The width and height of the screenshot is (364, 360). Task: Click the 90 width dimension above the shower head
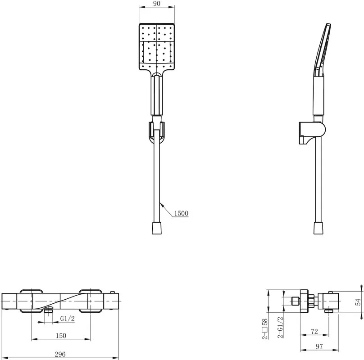[x=157, y=4]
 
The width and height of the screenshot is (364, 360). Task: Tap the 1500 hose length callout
[x=181, y=213]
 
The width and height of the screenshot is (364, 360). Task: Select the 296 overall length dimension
[x=60, y=354]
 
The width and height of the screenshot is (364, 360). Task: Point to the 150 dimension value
[x=61, y=335]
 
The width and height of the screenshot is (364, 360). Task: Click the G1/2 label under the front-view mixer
[x=68, y=319]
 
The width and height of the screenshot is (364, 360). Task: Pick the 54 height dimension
[x=358, y=302]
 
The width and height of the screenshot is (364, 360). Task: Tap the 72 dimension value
[x=314, y=332]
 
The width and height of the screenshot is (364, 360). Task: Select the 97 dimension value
[x=319, y=346]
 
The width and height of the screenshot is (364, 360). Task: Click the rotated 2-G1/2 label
[x=280, y=327]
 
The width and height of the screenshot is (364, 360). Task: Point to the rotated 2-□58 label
[x=265, y=329]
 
